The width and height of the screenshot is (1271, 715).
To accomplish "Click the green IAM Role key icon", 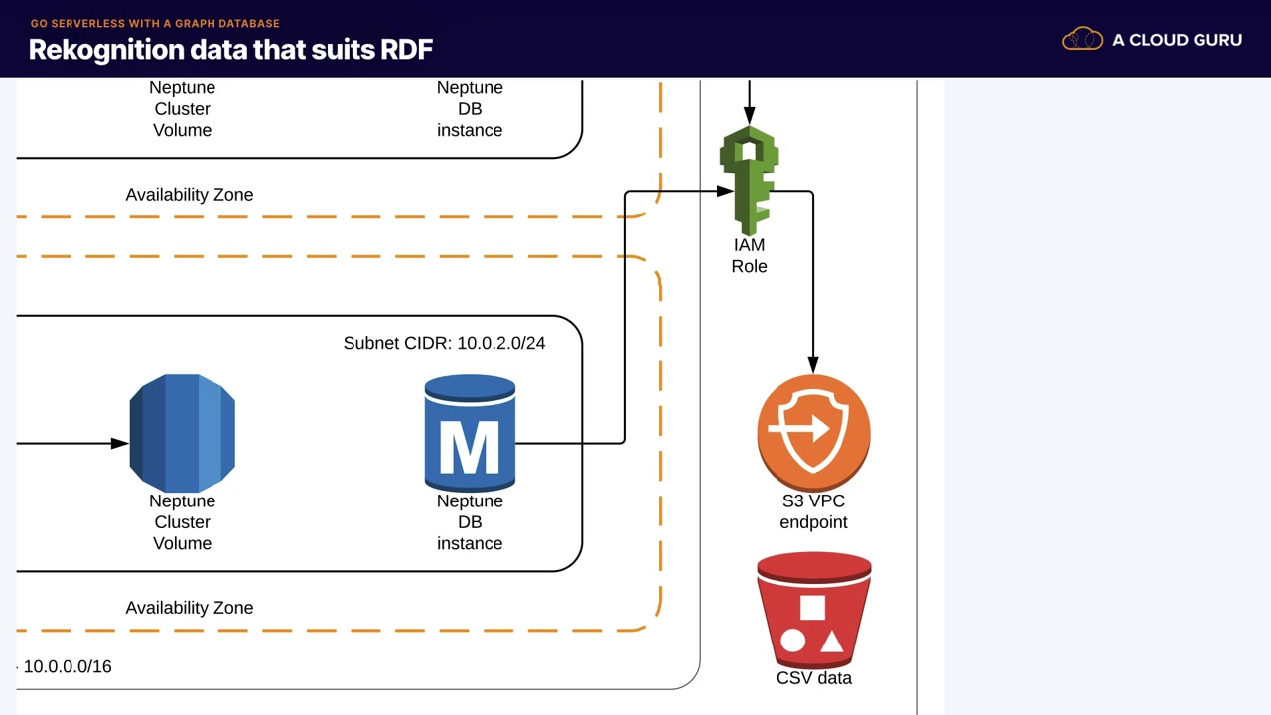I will point(749,179).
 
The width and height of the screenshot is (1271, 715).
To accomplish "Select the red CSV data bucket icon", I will point(814,612).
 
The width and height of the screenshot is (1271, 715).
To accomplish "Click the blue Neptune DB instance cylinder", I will point(470,433).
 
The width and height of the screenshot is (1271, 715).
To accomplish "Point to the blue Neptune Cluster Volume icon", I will point(183,433).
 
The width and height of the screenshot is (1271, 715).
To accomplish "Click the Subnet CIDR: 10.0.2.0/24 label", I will point(444,343).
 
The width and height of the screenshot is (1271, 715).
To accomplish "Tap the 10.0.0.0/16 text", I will point(68,666).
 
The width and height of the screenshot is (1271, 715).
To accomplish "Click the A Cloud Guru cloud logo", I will point(1082,40).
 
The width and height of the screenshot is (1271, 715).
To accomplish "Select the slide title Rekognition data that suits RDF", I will point(230,50).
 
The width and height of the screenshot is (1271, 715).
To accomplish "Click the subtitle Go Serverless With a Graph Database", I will point(155,23).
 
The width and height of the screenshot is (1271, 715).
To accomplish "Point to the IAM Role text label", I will point(749,256).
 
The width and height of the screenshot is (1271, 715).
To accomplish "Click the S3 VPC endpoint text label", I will point(813,511).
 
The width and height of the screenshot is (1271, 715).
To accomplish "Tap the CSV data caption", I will point(814,678).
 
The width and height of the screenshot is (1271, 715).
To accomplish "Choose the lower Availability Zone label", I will point(190,608).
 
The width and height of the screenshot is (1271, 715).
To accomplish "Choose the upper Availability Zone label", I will point(190,195).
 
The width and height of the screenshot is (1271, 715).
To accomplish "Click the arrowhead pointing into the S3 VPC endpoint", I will point(813,366).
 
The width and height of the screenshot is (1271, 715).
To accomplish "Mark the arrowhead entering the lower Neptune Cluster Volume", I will point(120,443).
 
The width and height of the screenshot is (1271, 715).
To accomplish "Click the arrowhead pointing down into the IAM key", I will point(749,117).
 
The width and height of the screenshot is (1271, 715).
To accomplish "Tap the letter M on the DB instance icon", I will point(469,448).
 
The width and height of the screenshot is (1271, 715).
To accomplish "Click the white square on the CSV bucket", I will point(812,608).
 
